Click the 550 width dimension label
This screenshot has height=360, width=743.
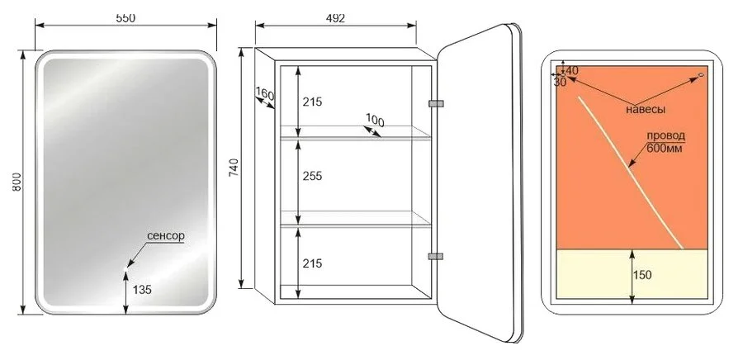[125, 17]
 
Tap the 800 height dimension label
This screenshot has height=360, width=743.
[17, 182]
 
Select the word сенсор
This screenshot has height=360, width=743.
[165, 236]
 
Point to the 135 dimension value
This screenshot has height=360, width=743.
[142, 290]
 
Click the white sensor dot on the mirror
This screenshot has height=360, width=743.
[125, 269]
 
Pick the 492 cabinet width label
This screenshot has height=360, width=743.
[335, 18]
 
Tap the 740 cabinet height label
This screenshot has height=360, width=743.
[234, 168]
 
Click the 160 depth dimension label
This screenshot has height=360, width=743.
[265, 94]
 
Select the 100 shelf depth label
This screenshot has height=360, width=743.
[376, 121]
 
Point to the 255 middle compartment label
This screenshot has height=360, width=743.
[312, 176]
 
